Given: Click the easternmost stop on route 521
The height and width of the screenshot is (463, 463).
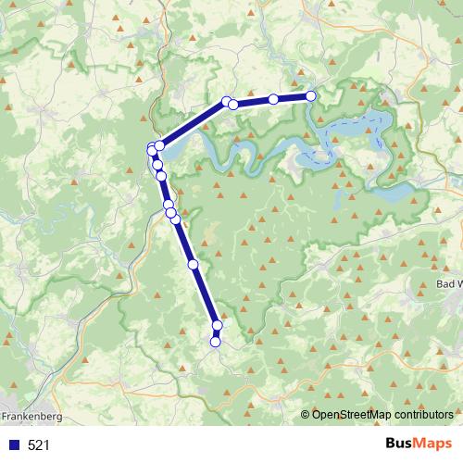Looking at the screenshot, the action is click(311, 95).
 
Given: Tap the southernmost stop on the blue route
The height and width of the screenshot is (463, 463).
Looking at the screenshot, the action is click(216, 343).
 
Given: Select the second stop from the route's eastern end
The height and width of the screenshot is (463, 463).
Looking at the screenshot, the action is click(274, 99).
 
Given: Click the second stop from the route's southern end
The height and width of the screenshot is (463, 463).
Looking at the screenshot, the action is click(218, 325).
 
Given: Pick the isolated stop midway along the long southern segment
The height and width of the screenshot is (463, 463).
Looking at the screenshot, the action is click(194, 265).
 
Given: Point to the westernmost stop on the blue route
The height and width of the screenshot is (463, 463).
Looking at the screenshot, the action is click(152, 150).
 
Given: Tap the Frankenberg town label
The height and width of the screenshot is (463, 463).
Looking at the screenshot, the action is click(31, 417).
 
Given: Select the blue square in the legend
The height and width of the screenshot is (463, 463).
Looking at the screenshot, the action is click(13, 445).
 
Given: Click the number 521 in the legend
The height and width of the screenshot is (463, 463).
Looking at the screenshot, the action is click(39, 445).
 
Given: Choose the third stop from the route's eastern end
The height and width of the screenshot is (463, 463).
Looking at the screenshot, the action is click(233, 104).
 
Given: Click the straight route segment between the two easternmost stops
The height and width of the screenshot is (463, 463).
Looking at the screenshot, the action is click(293, 97).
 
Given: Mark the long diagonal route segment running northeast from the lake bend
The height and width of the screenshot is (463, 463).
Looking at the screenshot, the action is click(193, 124).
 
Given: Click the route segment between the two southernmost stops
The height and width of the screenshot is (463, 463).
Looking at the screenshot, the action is click(217, 334).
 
